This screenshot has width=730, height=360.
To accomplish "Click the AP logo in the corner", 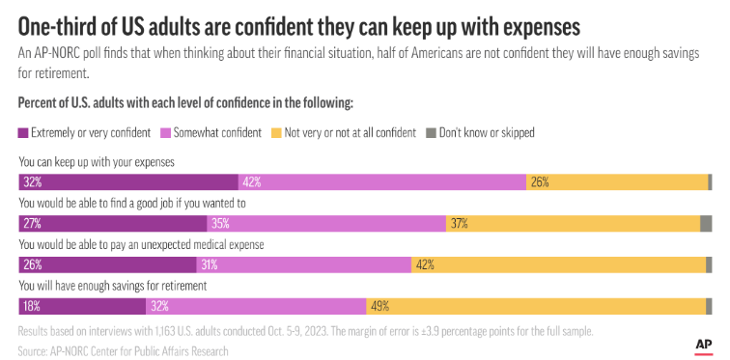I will (x=703, y=344).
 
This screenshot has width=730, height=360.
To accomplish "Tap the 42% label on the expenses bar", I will (x=252, y=181).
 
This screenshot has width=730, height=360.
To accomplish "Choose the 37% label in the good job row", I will (x=459, y=223).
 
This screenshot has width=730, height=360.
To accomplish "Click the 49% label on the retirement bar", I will (x=379, y=306).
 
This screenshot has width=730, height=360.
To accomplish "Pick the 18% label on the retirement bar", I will (x=31, y=306).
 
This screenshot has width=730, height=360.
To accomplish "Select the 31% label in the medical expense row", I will (x=210, y=264).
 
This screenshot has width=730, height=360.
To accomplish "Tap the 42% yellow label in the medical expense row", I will (x=424, y=264).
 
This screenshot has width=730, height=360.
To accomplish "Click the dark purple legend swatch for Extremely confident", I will (x=23, y=132).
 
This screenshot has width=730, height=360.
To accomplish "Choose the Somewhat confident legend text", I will (x=217, y=132).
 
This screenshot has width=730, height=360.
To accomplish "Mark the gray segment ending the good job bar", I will (x=706, y=223).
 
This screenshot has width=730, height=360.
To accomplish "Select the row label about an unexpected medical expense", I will (x=142, y=245).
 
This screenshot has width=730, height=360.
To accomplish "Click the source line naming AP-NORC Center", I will (x=124, y=351).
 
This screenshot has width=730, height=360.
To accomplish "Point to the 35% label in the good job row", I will (x=222, y=223).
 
